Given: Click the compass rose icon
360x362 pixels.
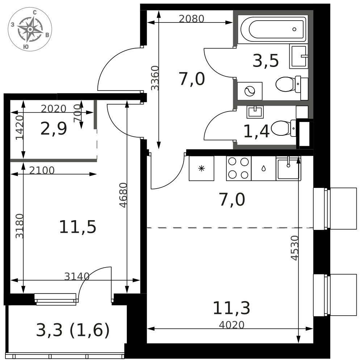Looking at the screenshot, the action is point(30,29).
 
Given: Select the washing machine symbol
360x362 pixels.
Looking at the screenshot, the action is point(250,91).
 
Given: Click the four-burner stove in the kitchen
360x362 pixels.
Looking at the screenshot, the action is point(239,168).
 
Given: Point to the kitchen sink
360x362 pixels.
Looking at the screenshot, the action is point(288,168).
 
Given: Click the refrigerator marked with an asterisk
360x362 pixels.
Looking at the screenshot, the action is point(201,168).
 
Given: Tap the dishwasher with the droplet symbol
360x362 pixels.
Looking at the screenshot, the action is point(263,168).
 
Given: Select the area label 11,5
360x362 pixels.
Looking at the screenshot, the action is point(78,227).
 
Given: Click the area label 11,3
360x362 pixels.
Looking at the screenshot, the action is point(231,308).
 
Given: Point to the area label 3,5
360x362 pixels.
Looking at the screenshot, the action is point(265,61).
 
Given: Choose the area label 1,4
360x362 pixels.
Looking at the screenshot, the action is point(256,131).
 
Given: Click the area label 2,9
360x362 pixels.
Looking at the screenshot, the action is point(54,129).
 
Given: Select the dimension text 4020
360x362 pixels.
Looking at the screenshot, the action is point(232,325).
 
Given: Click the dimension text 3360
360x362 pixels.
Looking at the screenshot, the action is point(155,78).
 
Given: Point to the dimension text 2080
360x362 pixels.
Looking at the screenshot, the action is point(192,19).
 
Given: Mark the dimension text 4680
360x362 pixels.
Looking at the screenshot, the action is point(123,195).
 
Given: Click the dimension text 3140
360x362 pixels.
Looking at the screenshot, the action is point(77,276).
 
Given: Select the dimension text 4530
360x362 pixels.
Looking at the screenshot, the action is point(295,248).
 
